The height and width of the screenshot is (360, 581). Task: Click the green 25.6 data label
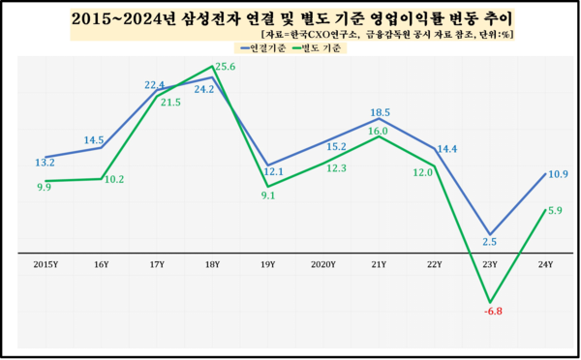pos(226,66)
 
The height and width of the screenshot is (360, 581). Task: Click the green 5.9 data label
pos(555,210)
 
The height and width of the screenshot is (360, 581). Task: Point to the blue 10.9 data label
pos(557,174)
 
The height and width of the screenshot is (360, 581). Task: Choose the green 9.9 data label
pos(44,188)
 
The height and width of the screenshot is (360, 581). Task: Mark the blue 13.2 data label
pos(44,163)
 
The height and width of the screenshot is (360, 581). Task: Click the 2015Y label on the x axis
pos(45,263)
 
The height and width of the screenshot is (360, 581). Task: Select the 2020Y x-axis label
pos(321,263)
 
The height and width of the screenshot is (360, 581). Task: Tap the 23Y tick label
pos(490,263)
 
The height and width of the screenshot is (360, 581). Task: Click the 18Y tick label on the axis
pos(211,263)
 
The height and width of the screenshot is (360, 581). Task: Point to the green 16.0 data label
pos(378,131)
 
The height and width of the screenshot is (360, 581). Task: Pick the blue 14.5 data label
pos(94,140)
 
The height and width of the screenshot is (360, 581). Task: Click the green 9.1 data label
pos(268,195)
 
